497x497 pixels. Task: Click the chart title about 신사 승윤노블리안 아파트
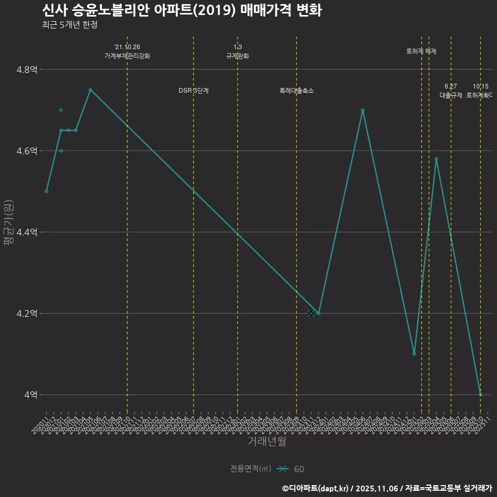[182, 10]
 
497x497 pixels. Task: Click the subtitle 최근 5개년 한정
[69, 24]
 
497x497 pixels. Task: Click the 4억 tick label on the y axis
[31, 395]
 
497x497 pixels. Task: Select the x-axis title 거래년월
[267, 441]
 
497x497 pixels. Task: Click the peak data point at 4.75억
[90, 90]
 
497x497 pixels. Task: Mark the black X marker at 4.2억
[311, 313]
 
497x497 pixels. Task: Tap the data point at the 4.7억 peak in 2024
[362, 110]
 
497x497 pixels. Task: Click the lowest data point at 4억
[480, 394]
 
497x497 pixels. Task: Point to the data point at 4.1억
[414, 354]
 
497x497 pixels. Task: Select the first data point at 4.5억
[47, 192]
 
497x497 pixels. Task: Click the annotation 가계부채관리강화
[127, 56]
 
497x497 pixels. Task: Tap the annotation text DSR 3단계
[194, 91]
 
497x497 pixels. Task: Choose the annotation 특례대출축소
[297, 91]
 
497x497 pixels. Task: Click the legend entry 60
[299, 469]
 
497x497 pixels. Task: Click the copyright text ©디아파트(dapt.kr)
[316, 488]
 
